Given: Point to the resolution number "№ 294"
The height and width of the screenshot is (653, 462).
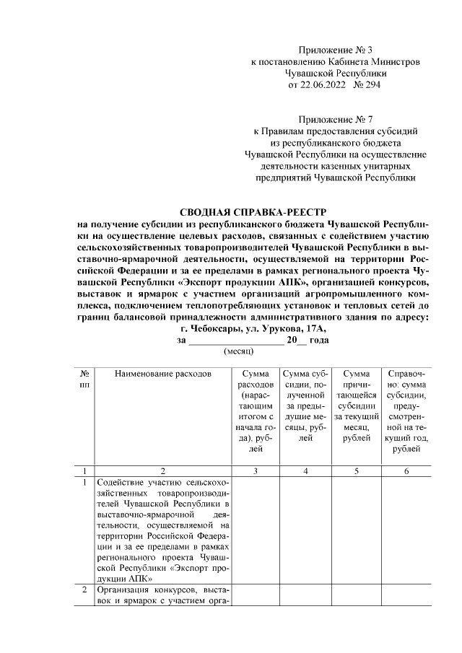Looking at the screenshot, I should coord(368,84).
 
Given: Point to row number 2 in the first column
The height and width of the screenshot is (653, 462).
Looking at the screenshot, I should coord(84,592).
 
